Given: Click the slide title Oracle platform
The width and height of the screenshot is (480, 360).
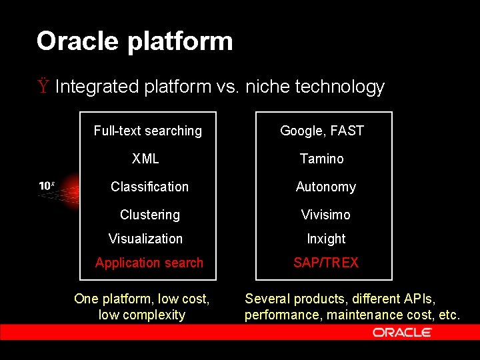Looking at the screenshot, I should tap(135, 41).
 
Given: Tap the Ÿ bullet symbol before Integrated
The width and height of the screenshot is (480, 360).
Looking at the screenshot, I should tap(43, 87).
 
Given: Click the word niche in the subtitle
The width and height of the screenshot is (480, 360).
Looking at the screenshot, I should tap(268, 87).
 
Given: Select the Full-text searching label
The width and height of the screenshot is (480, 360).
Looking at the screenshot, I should tap(147, 131).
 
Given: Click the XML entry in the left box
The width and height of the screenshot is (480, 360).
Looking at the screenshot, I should tap(145, 159).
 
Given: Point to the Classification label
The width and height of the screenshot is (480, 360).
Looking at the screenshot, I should tap(149, 187).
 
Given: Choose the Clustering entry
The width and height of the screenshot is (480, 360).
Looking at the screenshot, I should tap(149, 215).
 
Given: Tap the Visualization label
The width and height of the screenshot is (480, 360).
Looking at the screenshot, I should tap(145, 239).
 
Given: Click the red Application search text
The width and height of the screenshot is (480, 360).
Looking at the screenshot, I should tap(149, 263).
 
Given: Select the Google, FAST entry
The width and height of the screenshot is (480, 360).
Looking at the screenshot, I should tap(322, 131).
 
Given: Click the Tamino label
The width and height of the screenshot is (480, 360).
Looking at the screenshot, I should tap(322, 159).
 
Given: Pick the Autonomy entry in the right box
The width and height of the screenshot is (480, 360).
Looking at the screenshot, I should tap(325, 187).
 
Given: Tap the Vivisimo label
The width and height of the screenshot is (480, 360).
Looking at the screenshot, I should tap(325, 215).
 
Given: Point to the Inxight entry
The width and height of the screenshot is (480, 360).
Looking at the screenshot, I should tap(326, 239).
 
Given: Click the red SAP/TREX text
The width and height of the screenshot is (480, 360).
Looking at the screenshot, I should tap(326, 263).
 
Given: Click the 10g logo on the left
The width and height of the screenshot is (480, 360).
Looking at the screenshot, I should tap(47, 186).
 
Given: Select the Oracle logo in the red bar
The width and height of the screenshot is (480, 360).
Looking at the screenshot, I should tap(403, 332).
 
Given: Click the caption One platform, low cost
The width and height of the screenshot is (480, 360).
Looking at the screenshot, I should tap(141, 299).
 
